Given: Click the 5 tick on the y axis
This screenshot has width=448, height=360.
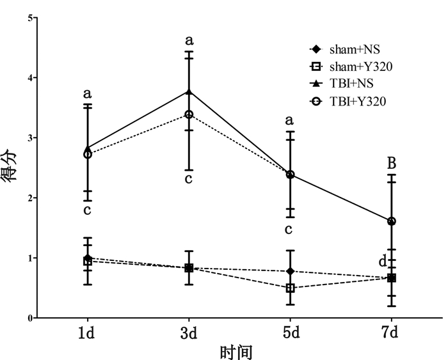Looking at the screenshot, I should pyautogui.click(x=29, y=18).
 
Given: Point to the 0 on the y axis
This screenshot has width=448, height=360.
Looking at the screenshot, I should pyautogui.click(x=29, y=318).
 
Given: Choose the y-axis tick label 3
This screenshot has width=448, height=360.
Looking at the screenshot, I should pyautogui.click(x=29, y=137).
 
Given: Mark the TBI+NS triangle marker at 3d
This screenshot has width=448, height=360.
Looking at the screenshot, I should pyautogui.click(x=189, y=91).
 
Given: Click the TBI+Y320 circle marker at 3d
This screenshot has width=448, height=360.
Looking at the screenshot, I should pyautogui.click(x=189, y=114).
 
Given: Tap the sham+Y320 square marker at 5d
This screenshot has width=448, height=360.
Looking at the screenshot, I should pyautogui.click(x=291, y=288).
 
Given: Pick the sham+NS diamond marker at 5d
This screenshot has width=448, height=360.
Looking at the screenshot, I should pyautogui.click(x=291, y=271).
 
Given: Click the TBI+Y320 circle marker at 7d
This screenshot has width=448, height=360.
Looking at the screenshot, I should pyautogui.click(x=392, y=221).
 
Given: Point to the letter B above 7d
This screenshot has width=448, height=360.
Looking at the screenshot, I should pyautogui.click(x=392, y=164).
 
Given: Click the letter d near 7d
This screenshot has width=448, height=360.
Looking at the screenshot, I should pyautogui.click(x=382, y=262).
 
